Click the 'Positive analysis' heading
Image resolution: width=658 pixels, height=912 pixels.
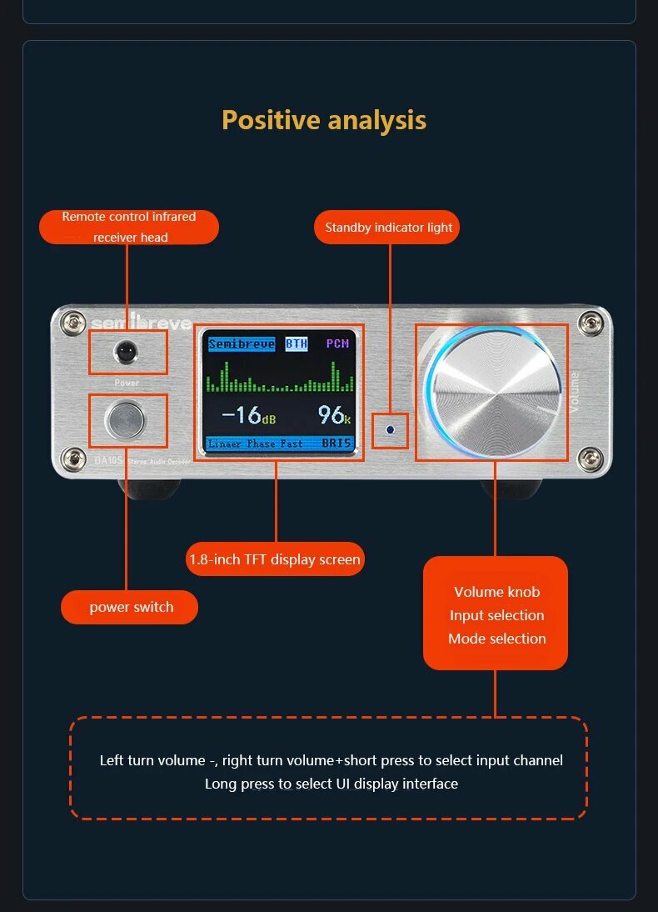pyautogui.click(x=324, y=120)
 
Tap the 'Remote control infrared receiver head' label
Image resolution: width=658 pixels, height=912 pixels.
pyautogui.click(x=129, y=227)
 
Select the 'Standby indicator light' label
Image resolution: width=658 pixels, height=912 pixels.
pyautogui.click(x=388, y=228)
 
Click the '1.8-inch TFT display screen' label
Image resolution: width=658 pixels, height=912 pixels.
pyautogui.click(x=275, y=559)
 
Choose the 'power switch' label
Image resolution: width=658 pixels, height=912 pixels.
pyautogui.click(x=131, y=607)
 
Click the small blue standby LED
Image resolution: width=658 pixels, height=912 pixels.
pyautogui.click(x=390, y=431)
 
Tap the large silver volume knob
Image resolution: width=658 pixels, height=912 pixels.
pyautogui.click(x=491, y=393)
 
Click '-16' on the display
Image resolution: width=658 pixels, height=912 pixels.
pyautogui.click(x=243, y=413)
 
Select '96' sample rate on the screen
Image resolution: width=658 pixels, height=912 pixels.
pyautogui.click(x=332, y=413)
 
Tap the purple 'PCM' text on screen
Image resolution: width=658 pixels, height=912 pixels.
pyautogui.click(x=337, y=343)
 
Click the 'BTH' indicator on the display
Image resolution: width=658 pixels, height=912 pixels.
pyautogui.click(x=297, y=343)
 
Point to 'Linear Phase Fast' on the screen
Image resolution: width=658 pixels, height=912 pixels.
pyautogui.click(x=256, y=443)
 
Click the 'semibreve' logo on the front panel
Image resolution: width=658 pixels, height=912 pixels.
pyautogui.click(x=142, y=323)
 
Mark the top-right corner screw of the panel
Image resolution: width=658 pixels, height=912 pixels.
pyautogui.click(x=592, y=322)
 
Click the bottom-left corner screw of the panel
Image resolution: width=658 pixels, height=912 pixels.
pyautogui.click(x=75, y=456)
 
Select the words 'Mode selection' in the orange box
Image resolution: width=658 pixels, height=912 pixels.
pyautogui.click(x=496, y=639)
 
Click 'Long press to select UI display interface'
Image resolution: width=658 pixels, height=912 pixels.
pyautogui.click(x=331, y=784)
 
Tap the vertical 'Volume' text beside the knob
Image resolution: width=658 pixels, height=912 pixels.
pyautogui.click(x=574, y=392)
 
